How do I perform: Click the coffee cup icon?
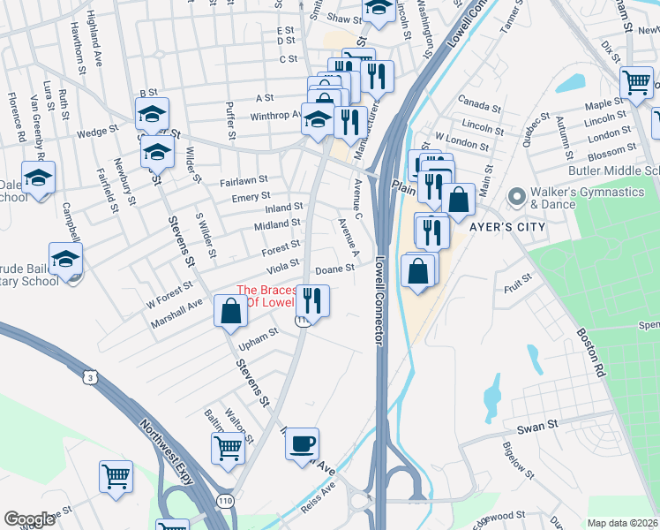303,443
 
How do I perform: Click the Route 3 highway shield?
88,377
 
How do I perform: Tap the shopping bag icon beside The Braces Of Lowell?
231,311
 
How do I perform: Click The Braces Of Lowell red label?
272,296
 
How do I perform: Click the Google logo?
29,519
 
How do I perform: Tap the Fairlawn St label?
237,181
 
